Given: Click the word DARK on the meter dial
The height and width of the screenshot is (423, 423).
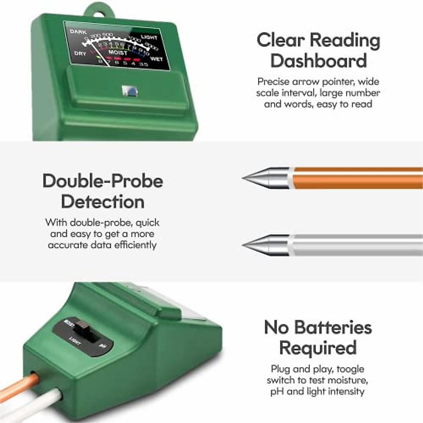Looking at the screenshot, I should pyautogui.click(x=78, y=32).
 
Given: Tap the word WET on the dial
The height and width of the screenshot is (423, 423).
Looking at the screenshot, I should pyautogui.click(x=156, y=59).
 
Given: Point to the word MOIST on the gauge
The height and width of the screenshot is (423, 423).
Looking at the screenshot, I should pyautogui.click(x=117, y=53).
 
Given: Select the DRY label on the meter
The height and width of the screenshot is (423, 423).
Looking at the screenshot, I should pyautogui.click(x=80, y=54).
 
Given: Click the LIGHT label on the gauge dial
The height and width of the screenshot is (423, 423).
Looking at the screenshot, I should pyautogui.click(x=149, y=37).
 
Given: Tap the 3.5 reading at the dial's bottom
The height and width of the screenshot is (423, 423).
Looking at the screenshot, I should pyautogui.click(x=143, y=65).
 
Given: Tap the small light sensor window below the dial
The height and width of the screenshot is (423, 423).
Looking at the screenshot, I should pyautogui.click(x=129, y=91).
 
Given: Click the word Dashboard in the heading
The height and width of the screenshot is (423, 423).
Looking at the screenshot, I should pyautogui.click(x=319, y=61).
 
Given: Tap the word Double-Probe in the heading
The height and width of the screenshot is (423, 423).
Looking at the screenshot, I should pyautogui.click(x=103, y=181).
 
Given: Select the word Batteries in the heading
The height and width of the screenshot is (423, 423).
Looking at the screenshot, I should pyautogui.click(x=333, y=327).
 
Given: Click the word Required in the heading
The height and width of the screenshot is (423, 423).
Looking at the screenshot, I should pyautogui.click(x=318, y=348).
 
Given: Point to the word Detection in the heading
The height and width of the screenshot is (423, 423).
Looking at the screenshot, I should pyautogui.click(x=103, y=202).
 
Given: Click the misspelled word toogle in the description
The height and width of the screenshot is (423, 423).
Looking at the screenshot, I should pyautogui.click(x=350, y=369).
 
